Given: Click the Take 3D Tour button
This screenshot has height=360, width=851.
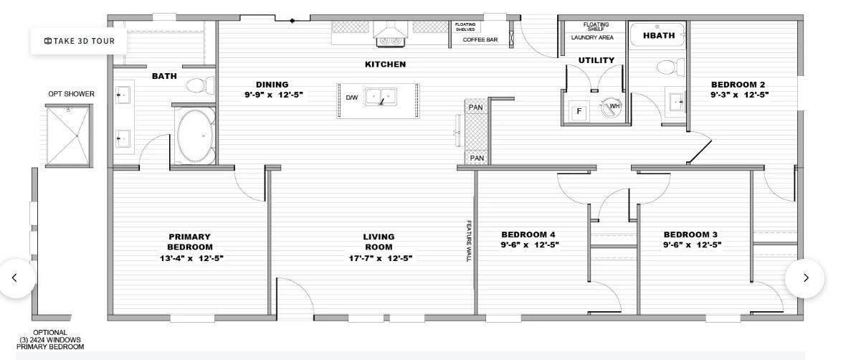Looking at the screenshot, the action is (x=80, y=41).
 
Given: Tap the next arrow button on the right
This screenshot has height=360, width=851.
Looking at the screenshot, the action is (x=805, y=278).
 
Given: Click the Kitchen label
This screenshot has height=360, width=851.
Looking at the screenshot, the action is (x=385, y=64).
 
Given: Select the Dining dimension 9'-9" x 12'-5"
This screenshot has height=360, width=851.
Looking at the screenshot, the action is (x=272, y=94).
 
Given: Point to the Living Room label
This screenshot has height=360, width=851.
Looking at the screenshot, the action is (x=379, y=242).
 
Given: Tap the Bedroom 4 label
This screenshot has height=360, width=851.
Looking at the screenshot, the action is (x=528, y=235).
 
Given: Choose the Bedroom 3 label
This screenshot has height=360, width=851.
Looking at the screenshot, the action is (x=690, y=235).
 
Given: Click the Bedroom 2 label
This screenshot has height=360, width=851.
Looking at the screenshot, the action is (x=738, y=84).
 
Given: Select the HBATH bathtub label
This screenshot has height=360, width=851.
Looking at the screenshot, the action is (x=659, y=36).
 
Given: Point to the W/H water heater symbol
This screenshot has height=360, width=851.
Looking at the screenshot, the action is (x=612, y=107).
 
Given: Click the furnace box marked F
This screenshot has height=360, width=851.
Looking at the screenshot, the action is (x=579, y=112).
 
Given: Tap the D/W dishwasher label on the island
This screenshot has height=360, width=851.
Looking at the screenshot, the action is (x=352, y=98).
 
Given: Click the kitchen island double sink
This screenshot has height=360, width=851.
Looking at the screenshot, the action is (x=381, y=97).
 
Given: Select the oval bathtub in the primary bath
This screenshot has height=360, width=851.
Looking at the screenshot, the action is (x=196, y=136).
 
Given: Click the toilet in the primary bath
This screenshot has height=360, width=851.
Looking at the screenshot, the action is (x=200, y=85).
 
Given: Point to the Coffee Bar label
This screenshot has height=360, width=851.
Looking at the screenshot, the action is (x=480, y=39).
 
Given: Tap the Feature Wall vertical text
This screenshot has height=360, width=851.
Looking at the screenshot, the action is (x=469, y=240).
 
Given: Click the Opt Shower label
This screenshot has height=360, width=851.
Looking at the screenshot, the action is (x=71, y=94).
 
